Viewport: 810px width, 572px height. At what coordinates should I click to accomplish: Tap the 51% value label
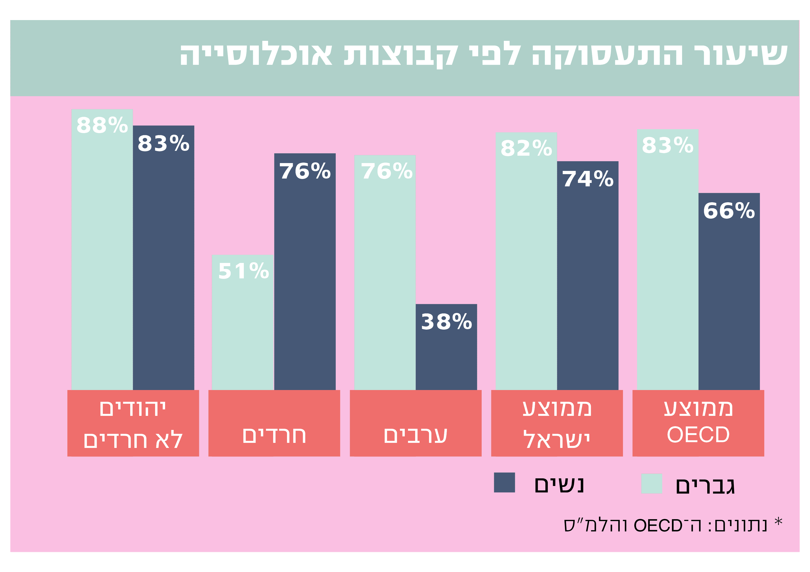[243, 271]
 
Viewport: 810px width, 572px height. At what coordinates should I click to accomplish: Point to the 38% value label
[446, 322]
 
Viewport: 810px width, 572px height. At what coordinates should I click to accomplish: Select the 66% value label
[729, 211]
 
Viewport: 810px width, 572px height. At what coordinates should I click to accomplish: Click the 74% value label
[588, 179]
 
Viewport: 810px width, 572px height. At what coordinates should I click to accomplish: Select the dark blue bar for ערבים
[446, 356]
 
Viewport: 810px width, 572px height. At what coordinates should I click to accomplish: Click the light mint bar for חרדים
[242, 335]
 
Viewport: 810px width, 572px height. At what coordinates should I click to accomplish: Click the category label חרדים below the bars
[274, 436]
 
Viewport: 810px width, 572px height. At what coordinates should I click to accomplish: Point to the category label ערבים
[416, 436]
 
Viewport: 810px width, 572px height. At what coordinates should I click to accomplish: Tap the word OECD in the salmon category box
[698, 435]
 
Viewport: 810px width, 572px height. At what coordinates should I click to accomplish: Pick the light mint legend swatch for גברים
[652, 483]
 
